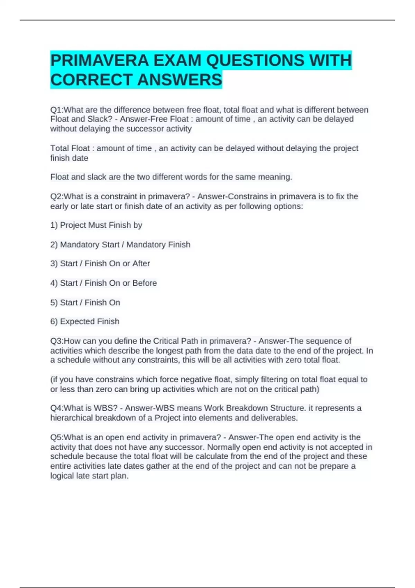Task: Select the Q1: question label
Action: pyautogui.click(x=57, y=110)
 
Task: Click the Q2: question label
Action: pyautogui.click(x=57, y=196)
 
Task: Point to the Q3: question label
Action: pyautogui.click(x=57, y=341)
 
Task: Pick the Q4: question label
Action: pyautogui.click(x=57, y=408)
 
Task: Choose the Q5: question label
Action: pyautogui.click(x=57, y=437)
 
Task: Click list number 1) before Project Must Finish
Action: pyautogui.click(x=54, y=225)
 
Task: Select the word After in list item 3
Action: pyautogui.click(x=141, y=264)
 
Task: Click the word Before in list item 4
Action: pyautogui.click(x=145, y=283)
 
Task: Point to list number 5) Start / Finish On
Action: pyautogui.click(x=54, y=303)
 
